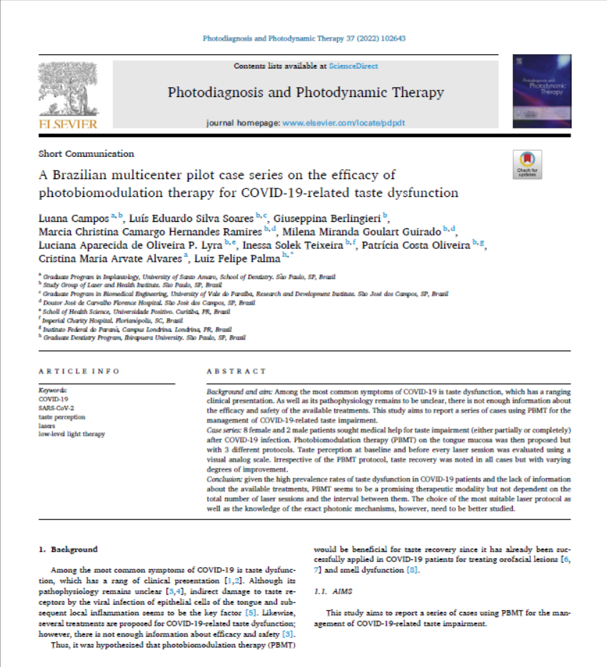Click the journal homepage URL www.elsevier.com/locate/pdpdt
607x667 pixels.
(343, 123)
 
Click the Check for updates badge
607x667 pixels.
(527, 165)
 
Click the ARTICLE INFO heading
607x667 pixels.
(79, 372)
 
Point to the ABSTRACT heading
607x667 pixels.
(236, 372)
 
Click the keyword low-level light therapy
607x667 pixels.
(71, 433)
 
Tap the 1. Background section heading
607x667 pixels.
(68, 550)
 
